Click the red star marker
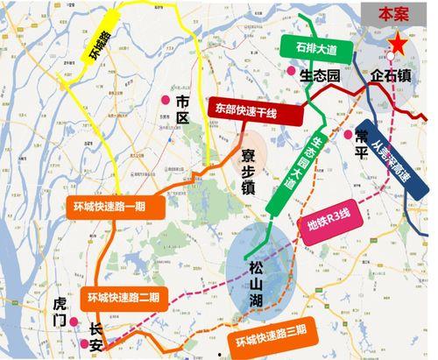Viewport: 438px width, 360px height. pos(399,41)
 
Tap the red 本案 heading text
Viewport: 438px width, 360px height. pos(389,14)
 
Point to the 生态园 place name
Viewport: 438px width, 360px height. pos(319,75)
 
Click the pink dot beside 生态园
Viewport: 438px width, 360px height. pos(291,72)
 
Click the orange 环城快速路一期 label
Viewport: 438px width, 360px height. pos(113,208)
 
